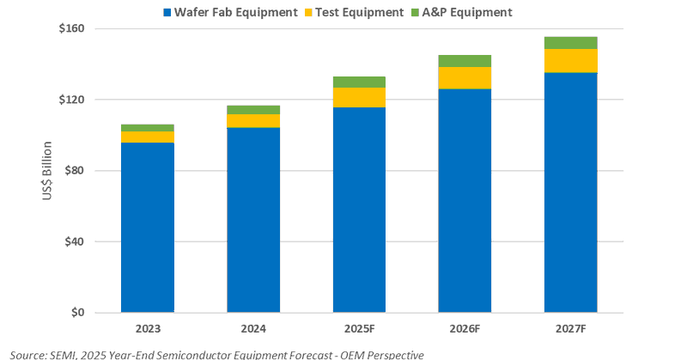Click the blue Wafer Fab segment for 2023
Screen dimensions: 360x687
pos(148,227)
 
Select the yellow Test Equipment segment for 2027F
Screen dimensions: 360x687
pos(571,61)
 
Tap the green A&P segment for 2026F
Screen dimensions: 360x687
pos(465,61)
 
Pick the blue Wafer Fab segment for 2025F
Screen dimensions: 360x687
pos(359,210)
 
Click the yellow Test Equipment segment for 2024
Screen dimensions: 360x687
pos(253,121)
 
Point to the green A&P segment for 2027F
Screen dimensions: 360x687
pos(571,43)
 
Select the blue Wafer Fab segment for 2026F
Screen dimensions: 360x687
pos(465,200)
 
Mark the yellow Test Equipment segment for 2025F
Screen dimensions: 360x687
pos(359,98)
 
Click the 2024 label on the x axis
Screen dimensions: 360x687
pos(253,329)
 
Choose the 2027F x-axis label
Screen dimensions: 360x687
pos(571,329)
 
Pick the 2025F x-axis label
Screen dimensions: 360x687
pos(359,329)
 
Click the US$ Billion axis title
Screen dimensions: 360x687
pos(48,171)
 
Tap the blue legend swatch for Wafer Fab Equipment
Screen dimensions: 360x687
pos(168,13)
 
